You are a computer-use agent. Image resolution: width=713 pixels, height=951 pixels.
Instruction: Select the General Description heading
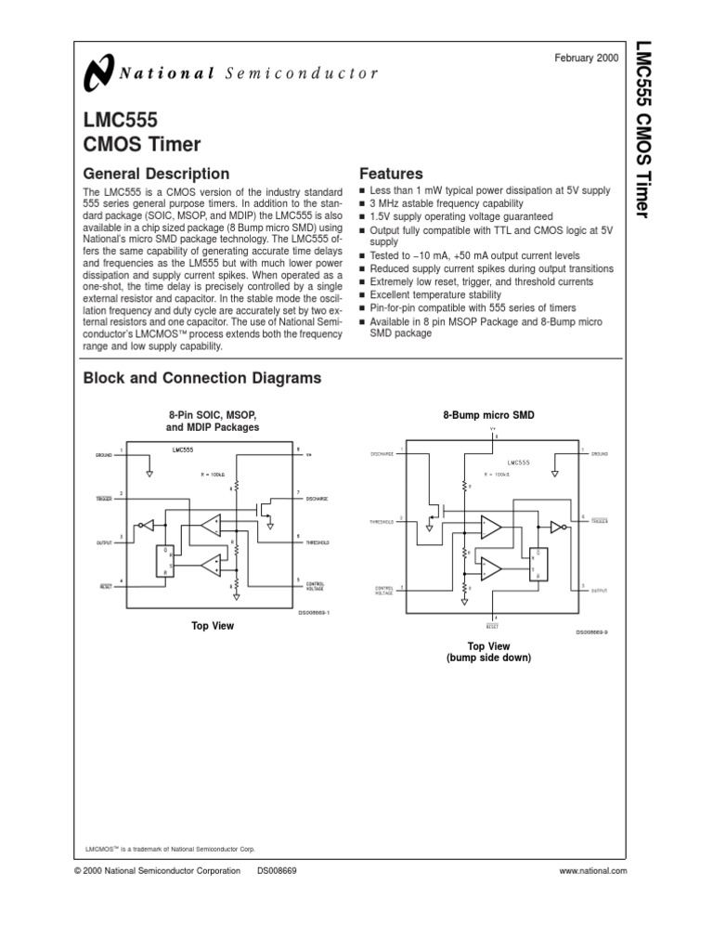[x=156, y=174]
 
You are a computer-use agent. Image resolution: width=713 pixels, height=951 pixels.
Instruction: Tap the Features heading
[x=391, y=174]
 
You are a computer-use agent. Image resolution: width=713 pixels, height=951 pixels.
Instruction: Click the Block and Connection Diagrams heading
[x=202, y=378]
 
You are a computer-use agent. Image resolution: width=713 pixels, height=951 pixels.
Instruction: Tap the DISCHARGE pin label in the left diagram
[x=318, y=498]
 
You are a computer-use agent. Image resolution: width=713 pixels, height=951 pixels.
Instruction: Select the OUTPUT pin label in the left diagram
[x=103, y=542]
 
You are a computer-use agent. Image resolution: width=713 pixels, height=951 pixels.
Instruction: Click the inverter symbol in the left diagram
[x=145, y=525]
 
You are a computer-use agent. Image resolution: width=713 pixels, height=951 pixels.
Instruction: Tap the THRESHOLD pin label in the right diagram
[x=381, y=522]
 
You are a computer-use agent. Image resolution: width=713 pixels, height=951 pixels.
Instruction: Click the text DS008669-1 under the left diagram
[x=314, y=612]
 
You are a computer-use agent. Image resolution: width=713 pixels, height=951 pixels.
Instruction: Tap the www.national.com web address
[x=593, y=870]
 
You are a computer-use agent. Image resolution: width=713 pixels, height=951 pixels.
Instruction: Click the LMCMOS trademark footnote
[x=169, y=849]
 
